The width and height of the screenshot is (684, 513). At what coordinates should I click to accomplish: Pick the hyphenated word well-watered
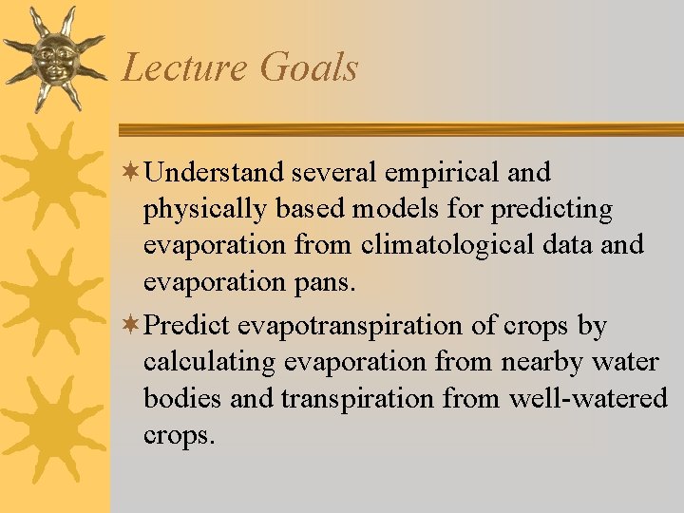pyautogui.click(x=588, y=398)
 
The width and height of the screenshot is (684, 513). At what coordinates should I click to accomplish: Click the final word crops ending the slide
pyautogui.click(x=179, y=435)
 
